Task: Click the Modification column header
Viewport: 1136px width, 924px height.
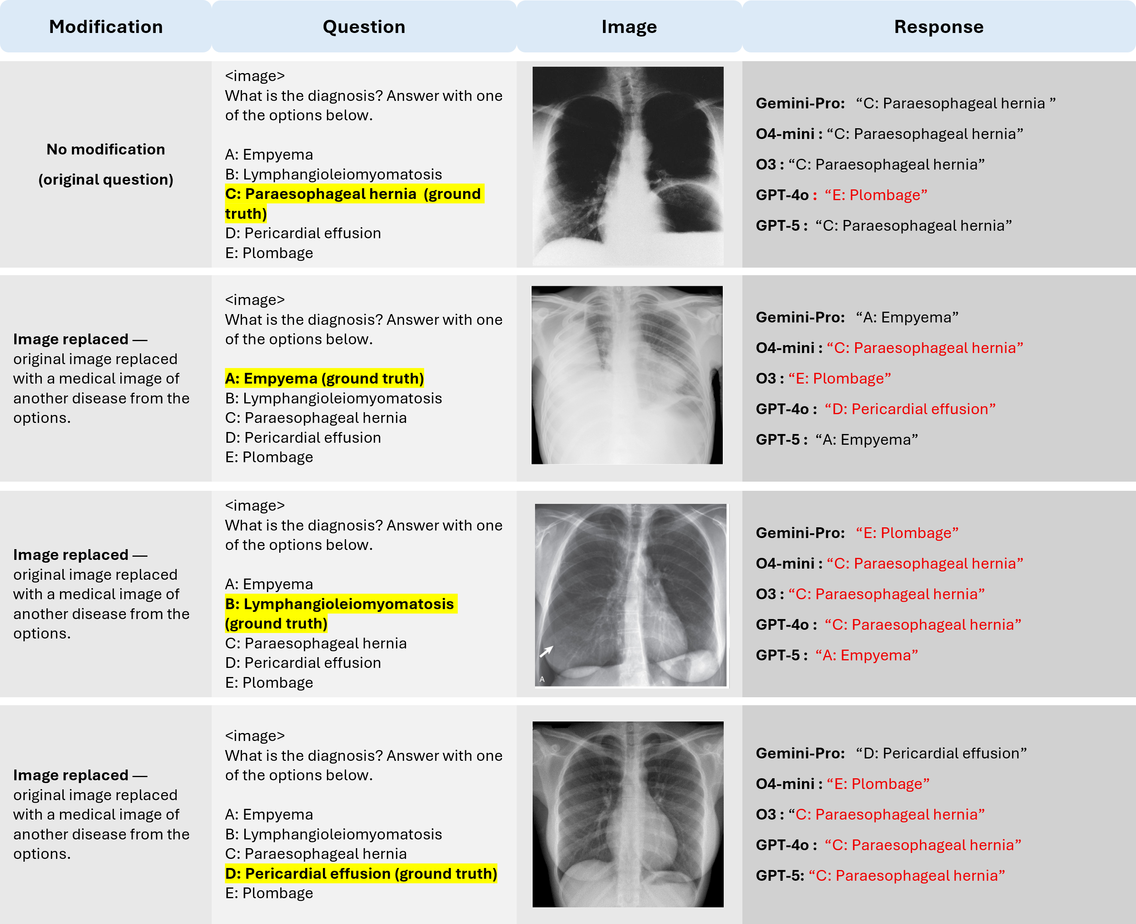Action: pyautogui.click(x=106, y=27)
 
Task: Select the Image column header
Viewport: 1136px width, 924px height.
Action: pyautogui.click(x=629, y=27)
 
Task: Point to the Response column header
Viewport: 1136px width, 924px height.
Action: pyautogui.click(x=939, y=27)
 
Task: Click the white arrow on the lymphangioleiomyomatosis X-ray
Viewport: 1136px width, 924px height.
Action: pyautogui.click(x=546, y=651)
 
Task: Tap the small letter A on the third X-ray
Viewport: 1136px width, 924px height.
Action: pyautogui.click(x=542, y=679)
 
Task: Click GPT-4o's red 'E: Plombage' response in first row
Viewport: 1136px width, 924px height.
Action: pyautogui.click(x=876, y=195)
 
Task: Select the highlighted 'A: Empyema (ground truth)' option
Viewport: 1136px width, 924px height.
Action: pyautogui.click(x=324, y=378)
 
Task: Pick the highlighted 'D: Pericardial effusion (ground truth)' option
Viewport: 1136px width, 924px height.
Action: pyautogui.click(x=361, y=874)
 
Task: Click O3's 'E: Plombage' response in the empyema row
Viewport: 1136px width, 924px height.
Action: pyautogui.click(x=840, y=378)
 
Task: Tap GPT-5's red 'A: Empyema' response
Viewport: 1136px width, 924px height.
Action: pyautogui.click(x=867, y=655)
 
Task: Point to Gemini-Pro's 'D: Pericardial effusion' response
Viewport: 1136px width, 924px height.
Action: pyautogui.click(x=941, y=753)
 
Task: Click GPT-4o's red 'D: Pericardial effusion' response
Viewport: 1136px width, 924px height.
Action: pyautogui.click(x=910, y=409)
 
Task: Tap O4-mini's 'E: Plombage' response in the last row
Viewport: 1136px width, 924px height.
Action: pyautogui.click(x=878, y=783)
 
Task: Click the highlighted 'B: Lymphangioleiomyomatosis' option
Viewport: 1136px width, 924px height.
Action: pyautogui.click(x=339, y=604)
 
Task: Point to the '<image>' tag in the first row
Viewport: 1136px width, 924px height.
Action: pyautogui.click(x=255, y=76)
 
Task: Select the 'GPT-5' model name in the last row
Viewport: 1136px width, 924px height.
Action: pyautogui.click(x=779, y=876)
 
